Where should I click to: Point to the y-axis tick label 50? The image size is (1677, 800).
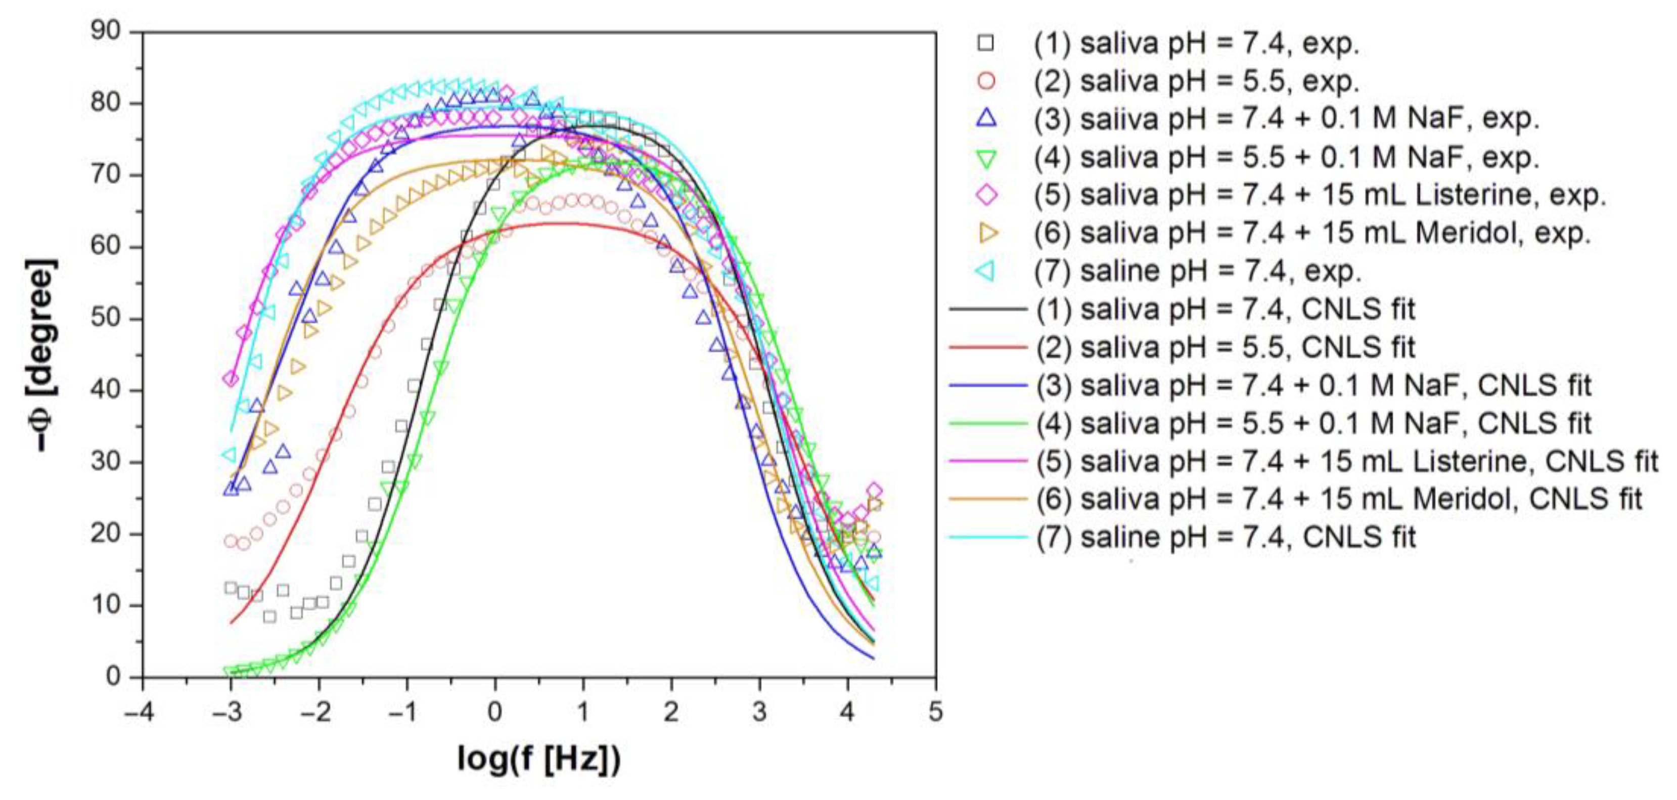(106, 318)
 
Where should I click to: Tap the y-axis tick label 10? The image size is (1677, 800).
(106, 605)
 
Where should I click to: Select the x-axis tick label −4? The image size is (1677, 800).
(139, 712)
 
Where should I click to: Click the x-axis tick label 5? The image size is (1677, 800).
(935, 712)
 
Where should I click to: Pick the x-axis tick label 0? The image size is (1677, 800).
(495, 712)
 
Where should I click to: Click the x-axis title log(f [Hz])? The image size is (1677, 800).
(539, 758)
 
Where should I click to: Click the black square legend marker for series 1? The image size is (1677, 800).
(986, 43)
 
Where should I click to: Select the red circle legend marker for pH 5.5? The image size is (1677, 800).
(986, 81)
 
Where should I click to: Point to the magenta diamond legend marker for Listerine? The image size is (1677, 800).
(987, 195)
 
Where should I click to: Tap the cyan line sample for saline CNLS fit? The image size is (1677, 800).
(987, 537)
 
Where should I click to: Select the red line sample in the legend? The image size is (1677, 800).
(987, 347)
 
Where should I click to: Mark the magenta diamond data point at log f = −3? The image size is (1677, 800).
(231, 378)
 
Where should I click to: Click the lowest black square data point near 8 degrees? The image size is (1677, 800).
(269, 616)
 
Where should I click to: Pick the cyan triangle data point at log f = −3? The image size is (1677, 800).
(229, 454)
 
